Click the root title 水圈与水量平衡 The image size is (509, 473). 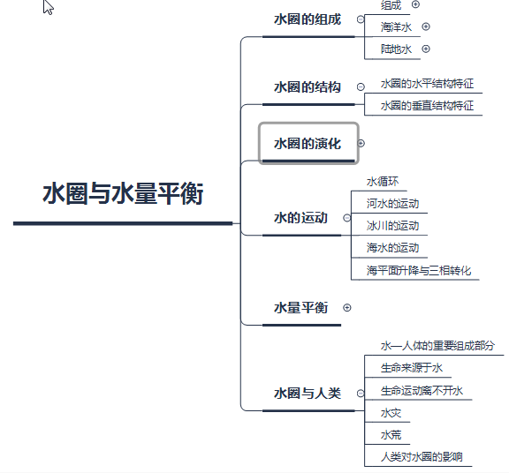coord(123,193)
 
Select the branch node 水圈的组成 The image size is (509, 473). coord(308,19)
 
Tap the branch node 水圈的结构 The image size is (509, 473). coord(308,86)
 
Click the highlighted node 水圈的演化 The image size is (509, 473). coord(308,143)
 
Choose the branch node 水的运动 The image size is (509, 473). coord(300,218)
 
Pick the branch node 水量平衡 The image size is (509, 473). coord(300,307)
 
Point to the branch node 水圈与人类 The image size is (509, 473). coord(308,394)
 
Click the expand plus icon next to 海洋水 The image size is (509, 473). coord(426,26)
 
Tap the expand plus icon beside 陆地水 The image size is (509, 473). coord(426,49)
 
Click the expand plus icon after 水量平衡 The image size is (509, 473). coord(347,308)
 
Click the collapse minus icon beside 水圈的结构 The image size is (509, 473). coord(361,86)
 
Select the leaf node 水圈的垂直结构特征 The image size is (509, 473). coord(427,106)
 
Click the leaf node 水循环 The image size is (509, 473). coord(383,182)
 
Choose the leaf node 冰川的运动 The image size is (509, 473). coord(392,226)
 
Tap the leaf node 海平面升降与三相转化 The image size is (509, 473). coord(419,270)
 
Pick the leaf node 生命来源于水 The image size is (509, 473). coord(412,368)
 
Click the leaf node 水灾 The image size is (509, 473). coord(391,413)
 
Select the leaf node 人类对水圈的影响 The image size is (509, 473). coord(422,457)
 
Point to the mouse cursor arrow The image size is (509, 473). coord(48,7)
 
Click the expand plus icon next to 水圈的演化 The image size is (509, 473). coord(361,143)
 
